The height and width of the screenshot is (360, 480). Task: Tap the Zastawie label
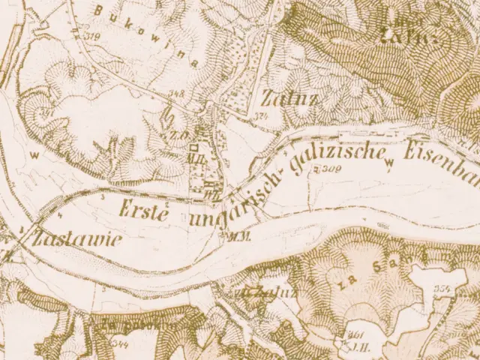point(68,239)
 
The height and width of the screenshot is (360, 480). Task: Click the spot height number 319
point(94,35)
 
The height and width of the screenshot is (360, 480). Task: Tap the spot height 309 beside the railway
point(328,170)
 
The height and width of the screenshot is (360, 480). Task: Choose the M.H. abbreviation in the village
point(198,158)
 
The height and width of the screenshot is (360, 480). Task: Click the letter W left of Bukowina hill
point(33,155)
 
